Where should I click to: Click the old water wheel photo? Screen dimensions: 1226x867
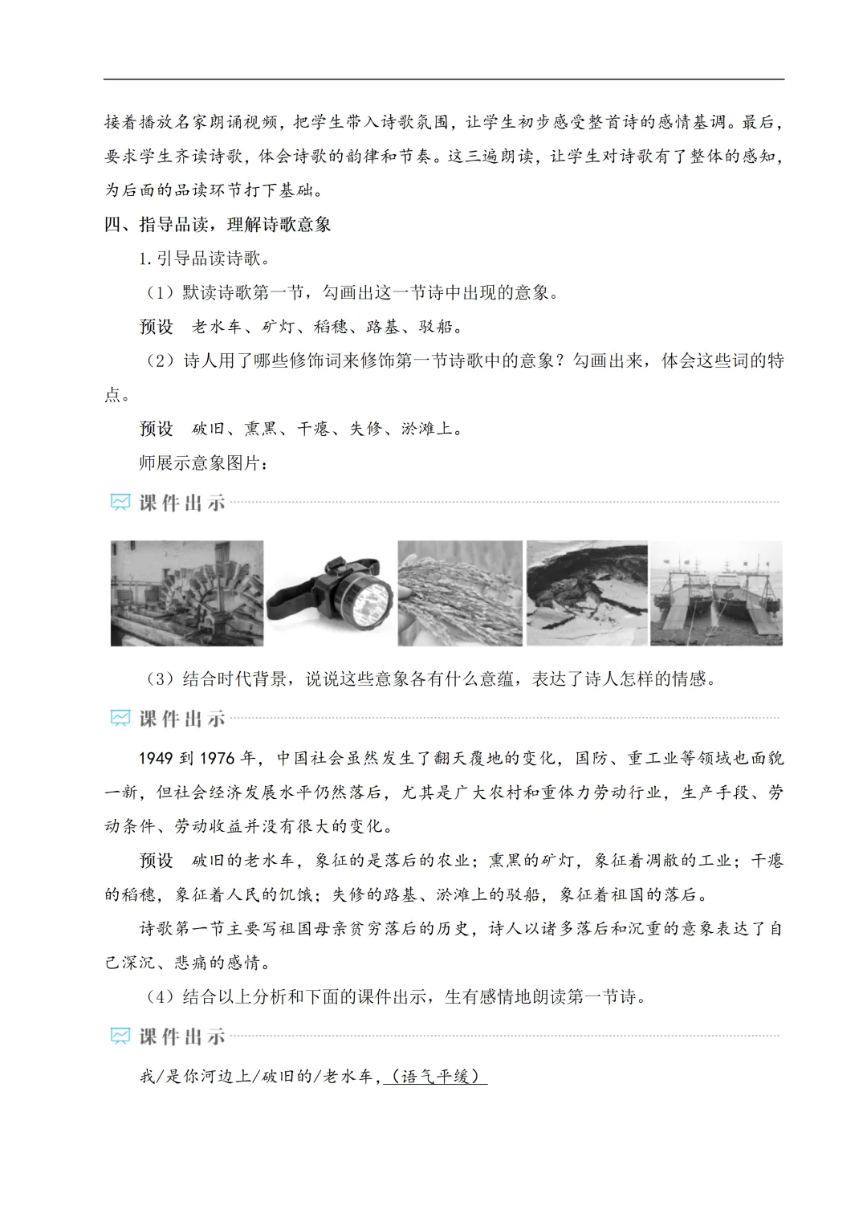click(187, 593)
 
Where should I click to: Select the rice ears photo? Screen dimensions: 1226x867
click(460, 593)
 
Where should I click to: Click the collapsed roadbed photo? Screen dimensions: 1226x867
click(587, 593)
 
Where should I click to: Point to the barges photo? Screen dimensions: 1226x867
click(716, 593)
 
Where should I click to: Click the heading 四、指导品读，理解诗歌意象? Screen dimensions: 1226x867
click(218, 225)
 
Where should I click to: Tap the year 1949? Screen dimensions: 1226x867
click(156, 758)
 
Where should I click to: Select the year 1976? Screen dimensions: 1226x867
click(217, 758)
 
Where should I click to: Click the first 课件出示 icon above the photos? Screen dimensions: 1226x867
click(120, 503)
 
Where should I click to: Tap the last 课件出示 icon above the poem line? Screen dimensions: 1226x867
click(120, 1037)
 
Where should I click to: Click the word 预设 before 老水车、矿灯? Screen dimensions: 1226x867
click(157, 327)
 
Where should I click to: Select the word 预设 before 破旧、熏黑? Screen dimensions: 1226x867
click(157, 429)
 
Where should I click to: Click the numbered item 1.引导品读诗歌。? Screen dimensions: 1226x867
click(205, 259)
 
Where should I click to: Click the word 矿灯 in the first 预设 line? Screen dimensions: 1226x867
click(278, 327)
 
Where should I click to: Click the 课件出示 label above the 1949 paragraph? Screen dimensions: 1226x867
click(182, 719)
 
